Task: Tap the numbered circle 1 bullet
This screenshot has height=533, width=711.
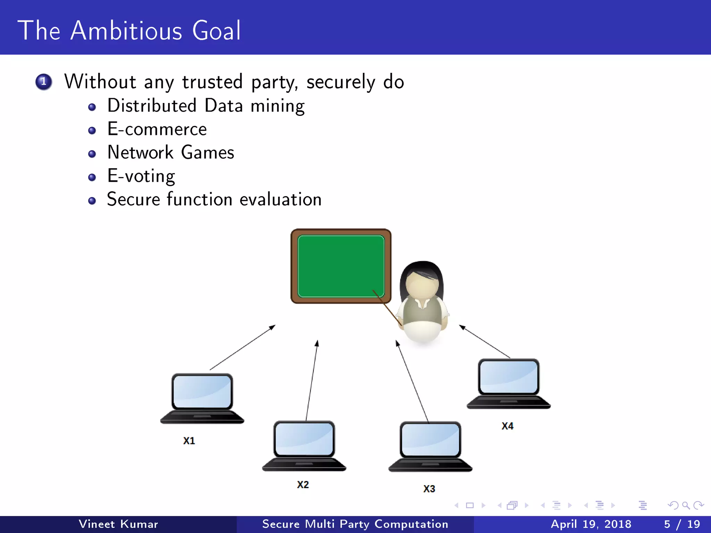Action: coord(44,82)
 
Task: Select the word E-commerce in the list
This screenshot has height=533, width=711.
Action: coord(157,129)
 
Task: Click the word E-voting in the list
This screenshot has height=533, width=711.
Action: coord(141,176)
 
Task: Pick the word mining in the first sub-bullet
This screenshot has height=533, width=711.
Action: coord(277,106)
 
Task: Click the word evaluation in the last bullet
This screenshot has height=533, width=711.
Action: coord(281,200)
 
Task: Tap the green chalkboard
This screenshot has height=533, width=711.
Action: coord(341,266)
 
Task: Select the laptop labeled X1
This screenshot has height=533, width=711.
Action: coord(202,398)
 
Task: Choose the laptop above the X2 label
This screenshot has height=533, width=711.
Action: coord(304,446)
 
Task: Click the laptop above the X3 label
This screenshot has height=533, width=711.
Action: coord(430,446)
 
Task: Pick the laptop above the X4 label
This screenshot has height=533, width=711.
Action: coord(509,383)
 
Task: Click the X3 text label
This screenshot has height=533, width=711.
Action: coord(429,489)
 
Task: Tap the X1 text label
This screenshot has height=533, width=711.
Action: coord(189,441)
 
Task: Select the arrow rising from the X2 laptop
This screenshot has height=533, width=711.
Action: coord(311,380)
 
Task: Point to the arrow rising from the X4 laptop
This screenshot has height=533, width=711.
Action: coord(485,341)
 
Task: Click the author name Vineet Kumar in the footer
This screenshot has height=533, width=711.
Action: coord(118,524)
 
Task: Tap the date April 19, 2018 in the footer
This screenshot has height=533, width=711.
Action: coord(591,524)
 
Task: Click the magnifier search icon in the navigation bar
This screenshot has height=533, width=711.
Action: coord(686,505)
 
